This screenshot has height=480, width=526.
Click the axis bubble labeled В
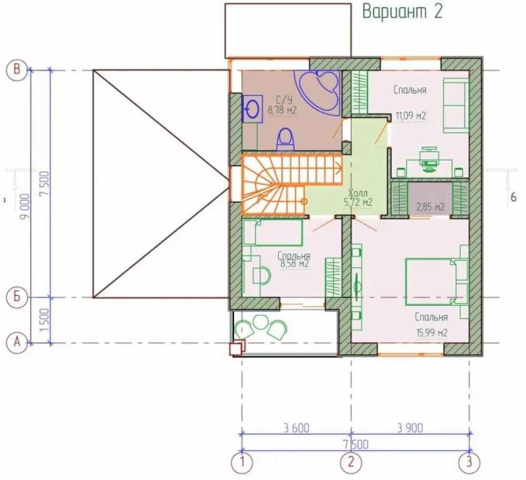click(16, 70)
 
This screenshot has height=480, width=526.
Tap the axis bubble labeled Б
click(16, 297)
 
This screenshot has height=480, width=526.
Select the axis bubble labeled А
click(16, 343)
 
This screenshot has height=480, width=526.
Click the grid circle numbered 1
click(241, 463)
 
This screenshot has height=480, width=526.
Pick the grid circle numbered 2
click(351, 463)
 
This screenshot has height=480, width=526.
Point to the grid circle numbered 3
click(469, 463)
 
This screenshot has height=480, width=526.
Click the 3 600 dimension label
click(296, 428)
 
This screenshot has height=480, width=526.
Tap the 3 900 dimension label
click(410, 428)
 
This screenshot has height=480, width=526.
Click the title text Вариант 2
click(402, 12)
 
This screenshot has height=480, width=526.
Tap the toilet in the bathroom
click(286, 139)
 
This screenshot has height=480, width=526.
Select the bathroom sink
click(252, 108)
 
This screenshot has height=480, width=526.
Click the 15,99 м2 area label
click(432, 333)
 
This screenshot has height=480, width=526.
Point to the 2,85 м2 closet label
click(430, 206)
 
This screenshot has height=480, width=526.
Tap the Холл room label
click(358, 193)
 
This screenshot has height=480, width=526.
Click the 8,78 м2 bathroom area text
click(282, 110)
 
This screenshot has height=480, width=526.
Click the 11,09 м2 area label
click(411, 116)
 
